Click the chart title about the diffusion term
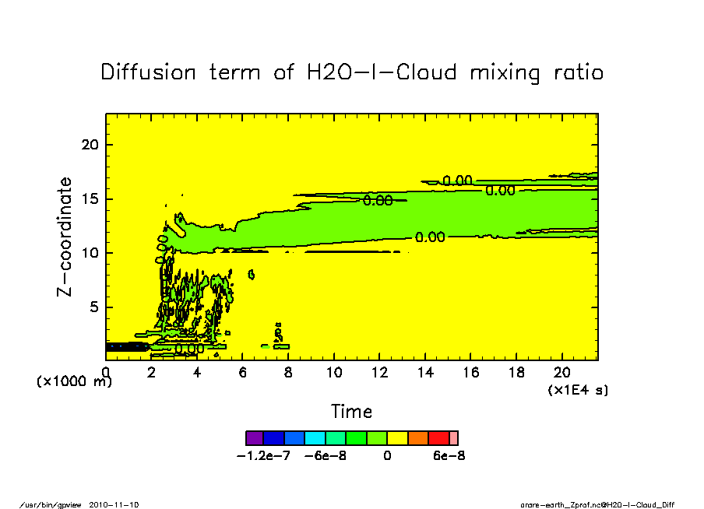352,73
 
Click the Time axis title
351,412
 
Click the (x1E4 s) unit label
578,389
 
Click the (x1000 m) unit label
74,381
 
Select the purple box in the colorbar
255,438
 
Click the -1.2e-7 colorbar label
263,456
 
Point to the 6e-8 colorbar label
449,456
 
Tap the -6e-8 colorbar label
325,456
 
